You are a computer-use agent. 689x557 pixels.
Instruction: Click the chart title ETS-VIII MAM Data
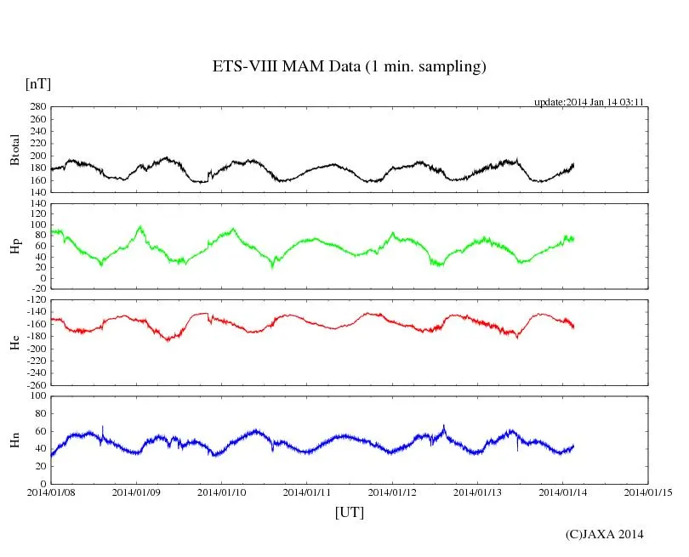(x=349, y=67)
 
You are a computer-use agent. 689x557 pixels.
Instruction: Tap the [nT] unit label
(x=37, y=83)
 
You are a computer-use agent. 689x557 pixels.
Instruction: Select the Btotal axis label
(x=14, y=150)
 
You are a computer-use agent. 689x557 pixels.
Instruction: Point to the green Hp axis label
(x=14, y=247)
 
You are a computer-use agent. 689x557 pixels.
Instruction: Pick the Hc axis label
(x=14, y=342)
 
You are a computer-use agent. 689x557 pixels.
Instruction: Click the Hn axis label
(x=14, y=439)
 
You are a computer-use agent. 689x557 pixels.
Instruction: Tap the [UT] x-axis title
(x=349, y=512)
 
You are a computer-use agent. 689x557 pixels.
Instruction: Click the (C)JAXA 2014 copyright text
(x=604, y=534)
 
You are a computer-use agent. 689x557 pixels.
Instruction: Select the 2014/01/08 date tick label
(x=51, y=492)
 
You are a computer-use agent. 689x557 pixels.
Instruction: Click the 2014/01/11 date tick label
(x=307, y=492)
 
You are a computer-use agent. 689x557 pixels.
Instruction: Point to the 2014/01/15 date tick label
(x=648, y=492)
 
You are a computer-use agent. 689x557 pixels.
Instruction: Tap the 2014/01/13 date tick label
(x=477, y=492)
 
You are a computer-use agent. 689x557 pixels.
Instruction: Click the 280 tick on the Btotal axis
(x=37, y=107)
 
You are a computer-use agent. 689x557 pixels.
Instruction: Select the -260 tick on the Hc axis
(x=35, y=385)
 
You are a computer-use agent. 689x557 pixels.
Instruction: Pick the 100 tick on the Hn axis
(x=37, y=396)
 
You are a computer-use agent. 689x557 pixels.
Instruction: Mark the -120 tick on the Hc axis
(x=35, y=300)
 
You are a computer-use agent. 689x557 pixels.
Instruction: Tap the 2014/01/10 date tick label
(x=222, y=492)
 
